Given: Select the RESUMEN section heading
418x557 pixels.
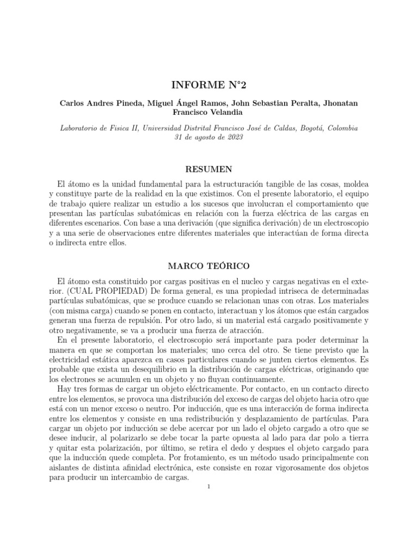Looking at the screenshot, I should (208, 169).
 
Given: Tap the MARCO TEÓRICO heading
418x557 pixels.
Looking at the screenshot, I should (208, 267).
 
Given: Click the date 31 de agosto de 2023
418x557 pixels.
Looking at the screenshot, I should (208, 137).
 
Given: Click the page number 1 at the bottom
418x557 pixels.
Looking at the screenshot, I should (208, 486).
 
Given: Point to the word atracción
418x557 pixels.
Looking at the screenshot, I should (244, 330).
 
